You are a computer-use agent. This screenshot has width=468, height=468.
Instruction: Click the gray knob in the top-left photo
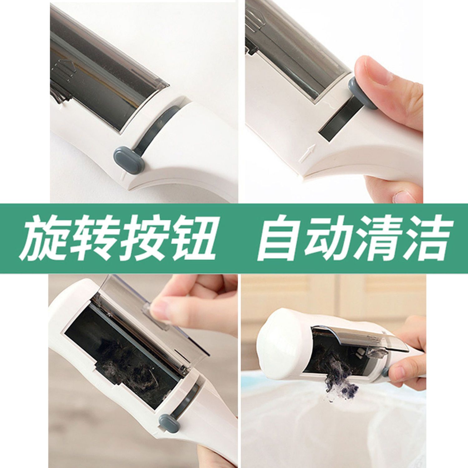[129, 156]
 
